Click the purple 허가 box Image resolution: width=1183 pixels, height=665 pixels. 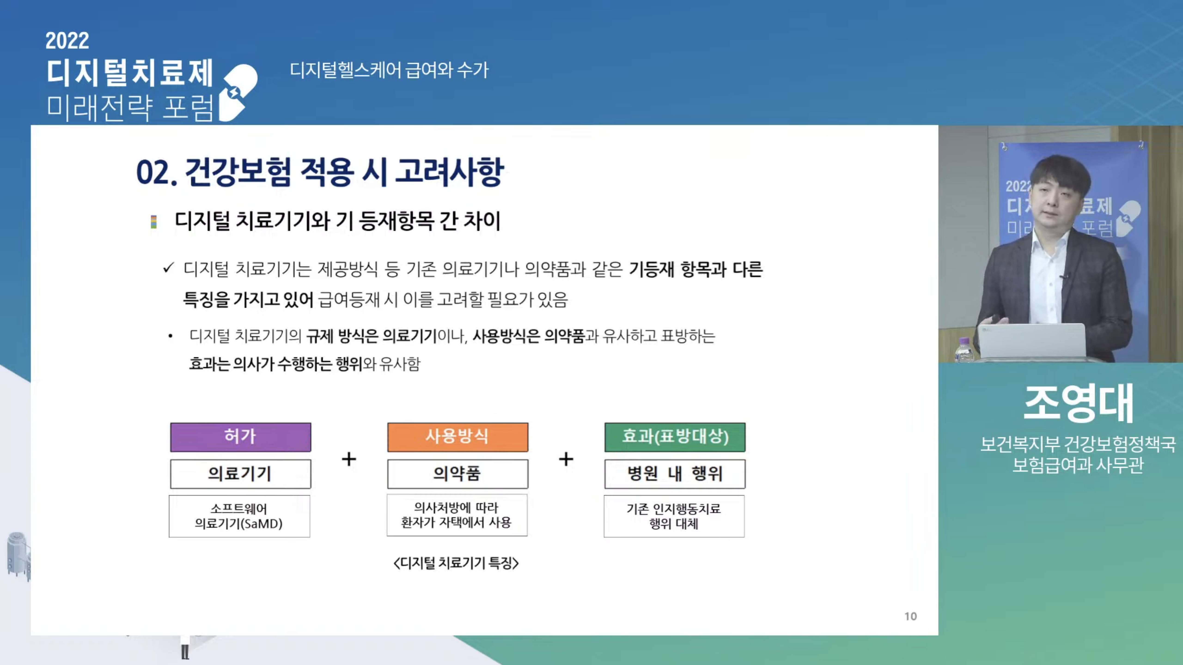pyautogui.click(x=241, y=437)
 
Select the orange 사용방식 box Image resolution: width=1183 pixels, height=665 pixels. pyautogui.click(x=458, y=437)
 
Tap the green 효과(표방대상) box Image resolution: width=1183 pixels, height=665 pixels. pyautogui.click(x=675, y=437)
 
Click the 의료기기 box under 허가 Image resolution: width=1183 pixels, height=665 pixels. pyautogui.click(x=241, y=474)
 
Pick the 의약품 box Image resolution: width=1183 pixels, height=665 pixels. pyautogui.click(x=458, y=474)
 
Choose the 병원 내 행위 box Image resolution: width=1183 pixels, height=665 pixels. pyautogui.click(x=675, y=474)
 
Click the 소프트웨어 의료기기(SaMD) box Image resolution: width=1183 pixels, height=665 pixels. pyautogui.click(x=239, y=516)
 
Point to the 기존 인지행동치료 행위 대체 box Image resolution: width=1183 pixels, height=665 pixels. pyautogui.click(x=674, y=516)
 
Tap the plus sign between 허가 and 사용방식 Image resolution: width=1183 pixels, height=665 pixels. pyautogui.click(x=349, y=459)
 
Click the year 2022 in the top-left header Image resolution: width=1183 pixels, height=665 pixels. pyautogui.click(x=67, y=41)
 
